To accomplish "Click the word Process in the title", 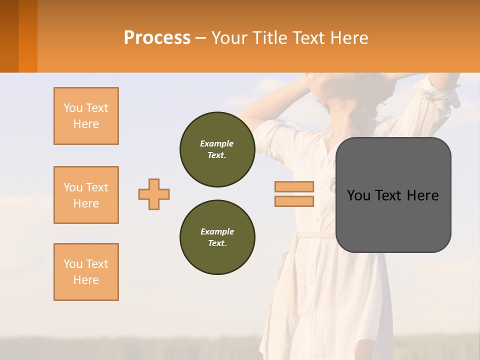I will [157, 38].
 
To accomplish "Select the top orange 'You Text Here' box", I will [86, 116].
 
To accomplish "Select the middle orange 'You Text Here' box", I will [86, 195].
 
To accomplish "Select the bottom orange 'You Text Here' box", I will [86, 272].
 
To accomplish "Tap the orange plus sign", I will [154, 194].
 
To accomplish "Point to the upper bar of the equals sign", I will [294, 187].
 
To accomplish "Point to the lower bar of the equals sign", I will [294, 201].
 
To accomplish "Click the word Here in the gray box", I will [422, 195].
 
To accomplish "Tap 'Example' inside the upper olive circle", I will [217, 143].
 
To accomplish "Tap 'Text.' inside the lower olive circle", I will [217, 243].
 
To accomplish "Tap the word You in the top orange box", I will [72, 108].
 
